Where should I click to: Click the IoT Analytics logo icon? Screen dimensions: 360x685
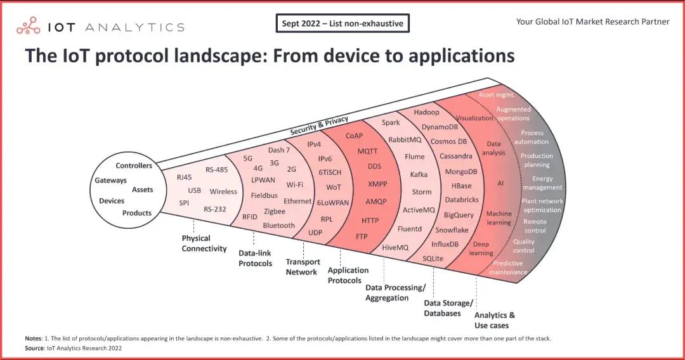coord(28,26)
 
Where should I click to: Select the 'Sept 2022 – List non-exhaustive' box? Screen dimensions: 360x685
coord(342,23)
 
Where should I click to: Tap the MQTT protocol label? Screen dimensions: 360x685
coord(367,151)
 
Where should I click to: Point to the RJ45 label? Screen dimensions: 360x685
coord(185,177)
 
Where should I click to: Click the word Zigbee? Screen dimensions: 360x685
coord(275,212)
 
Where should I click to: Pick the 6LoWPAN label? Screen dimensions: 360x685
coord(332,203)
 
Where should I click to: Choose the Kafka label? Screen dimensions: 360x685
coord(419,174)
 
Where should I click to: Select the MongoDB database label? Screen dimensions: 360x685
coord(461,172)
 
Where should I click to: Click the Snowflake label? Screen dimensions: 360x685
coord(452,230)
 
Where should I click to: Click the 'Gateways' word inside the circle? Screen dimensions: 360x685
coord(111,181)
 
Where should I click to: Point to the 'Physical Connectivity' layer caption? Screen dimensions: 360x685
coord(204,243)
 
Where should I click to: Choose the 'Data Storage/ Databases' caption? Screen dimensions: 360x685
coord(448,308)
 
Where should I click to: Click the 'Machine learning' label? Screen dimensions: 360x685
coord(499,218)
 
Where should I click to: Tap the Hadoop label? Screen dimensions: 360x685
coord(426,112)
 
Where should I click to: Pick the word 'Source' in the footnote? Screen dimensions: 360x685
coord(36,348)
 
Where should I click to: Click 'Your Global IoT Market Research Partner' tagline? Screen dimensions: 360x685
coord(592,22)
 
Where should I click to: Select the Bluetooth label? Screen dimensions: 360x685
coord(279,226)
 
